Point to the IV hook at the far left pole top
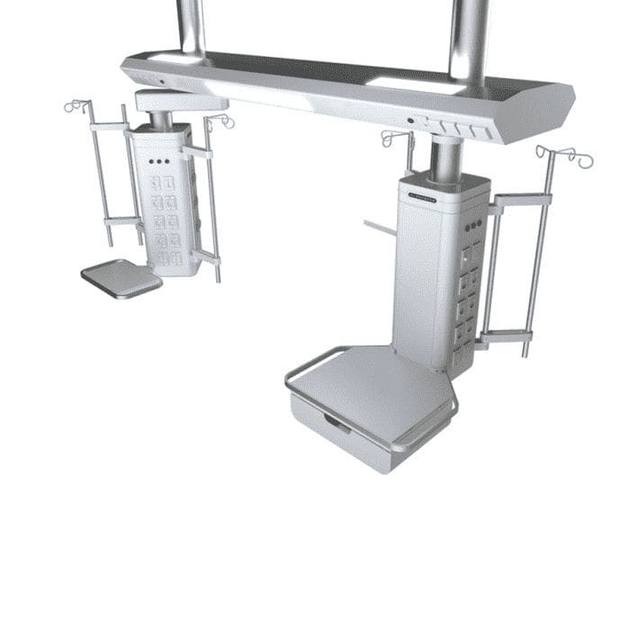(x=76, y=106)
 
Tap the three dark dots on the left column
(x=158, y=163)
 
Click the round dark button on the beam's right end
(x=410, y=120)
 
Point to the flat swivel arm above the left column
(x=180, y=101)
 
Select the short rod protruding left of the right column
(x=379, y=227)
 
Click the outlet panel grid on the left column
(x=164, y=220)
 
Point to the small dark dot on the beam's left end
(x=162, y=83)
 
